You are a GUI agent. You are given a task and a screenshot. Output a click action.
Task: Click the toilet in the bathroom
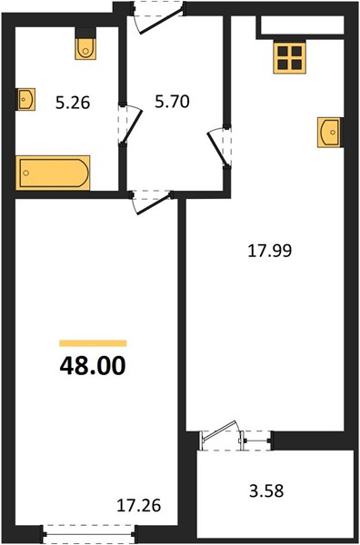(x=85, y=49)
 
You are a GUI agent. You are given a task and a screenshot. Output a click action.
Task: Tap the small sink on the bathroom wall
(x=26, y=99)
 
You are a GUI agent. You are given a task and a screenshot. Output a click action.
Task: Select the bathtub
(x=53, y=173)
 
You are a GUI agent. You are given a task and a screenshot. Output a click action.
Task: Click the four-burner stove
(x=290, y=58)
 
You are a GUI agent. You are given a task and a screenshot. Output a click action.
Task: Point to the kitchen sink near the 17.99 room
(x=329, y=133)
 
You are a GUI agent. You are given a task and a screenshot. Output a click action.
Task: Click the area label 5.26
(x=73, y=103)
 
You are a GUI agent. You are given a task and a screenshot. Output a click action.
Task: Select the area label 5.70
(x=172, y=102)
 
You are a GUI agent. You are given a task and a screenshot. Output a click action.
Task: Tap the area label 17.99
(x=270, y=251)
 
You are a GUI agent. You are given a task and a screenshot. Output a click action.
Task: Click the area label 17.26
(x=139, y=505)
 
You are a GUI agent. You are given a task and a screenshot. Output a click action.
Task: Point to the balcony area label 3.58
(x=266, y=491)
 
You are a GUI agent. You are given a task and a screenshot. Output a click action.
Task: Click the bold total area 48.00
(x=93, y=366)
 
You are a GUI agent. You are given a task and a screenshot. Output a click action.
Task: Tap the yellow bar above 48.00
(x=93, y=343)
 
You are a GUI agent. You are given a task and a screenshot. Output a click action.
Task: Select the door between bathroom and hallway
(x=130, y=124)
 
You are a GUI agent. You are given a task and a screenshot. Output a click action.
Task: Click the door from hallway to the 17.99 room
(x=219, y=147)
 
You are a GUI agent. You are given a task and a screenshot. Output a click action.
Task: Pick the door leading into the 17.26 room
(x=152, y=203)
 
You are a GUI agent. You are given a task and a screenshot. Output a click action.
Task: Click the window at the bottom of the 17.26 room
(x=89, y=534)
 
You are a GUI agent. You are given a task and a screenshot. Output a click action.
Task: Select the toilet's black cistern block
(x=85, y=33)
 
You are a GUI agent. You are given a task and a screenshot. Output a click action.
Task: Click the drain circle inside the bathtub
(x=26, y=173)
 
